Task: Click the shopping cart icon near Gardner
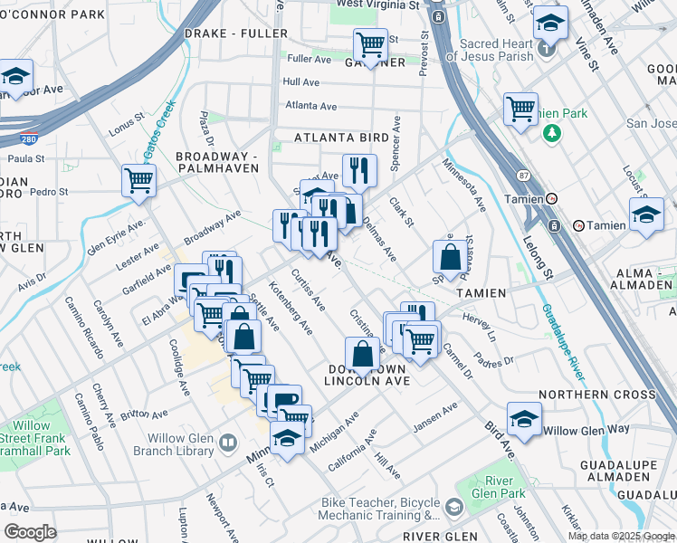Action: tap(370, 43)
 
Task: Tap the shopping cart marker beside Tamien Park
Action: tap(520, 109)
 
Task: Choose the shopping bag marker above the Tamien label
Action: tap(450, 257)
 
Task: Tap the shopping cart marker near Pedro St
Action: tap(138, 180)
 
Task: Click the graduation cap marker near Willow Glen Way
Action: tap(524, 419)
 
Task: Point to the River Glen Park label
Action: tap(505, 487)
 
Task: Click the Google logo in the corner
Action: tap(30, 531)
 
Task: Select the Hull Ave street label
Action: tap(301, 81)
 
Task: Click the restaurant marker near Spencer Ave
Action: tap(359, 169)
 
